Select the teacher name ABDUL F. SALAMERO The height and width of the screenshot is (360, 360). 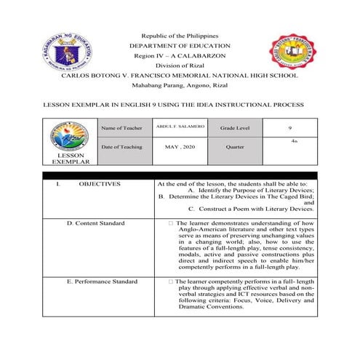(180, 127)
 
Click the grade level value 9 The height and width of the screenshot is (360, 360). (289, 129)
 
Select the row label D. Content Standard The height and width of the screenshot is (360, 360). (100, 223)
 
